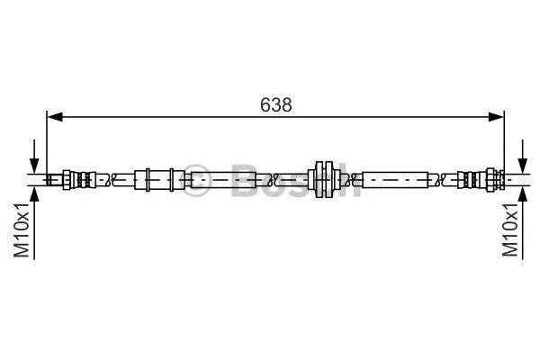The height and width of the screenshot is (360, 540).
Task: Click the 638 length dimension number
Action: click(x=275, y=104)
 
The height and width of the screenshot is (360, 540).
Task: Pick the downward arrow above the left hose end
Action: click(x=34, y=163)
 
